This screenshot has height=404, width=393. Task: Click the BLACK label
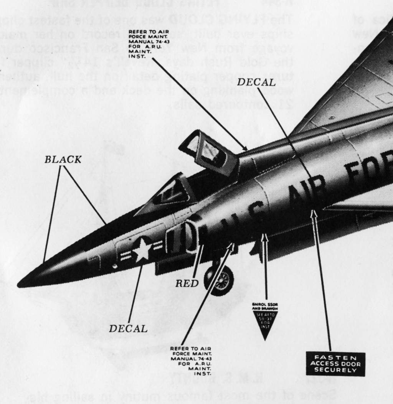coord(63,160)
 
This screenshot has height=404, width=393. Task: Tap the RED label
coord(187,284)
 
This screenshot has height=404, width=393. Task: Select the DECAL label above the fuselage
coord(256,82)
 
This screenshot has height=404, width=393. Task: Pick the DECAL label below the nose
coord(128,328)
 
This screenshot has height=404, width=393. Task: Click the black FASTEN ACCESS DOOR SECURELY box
coord(335,364)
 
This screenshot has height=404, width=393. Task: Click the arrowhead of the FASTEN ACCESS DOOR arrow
coord(314,213)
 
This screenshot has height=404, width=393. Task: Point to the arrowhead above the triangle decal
coord(264,236)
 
